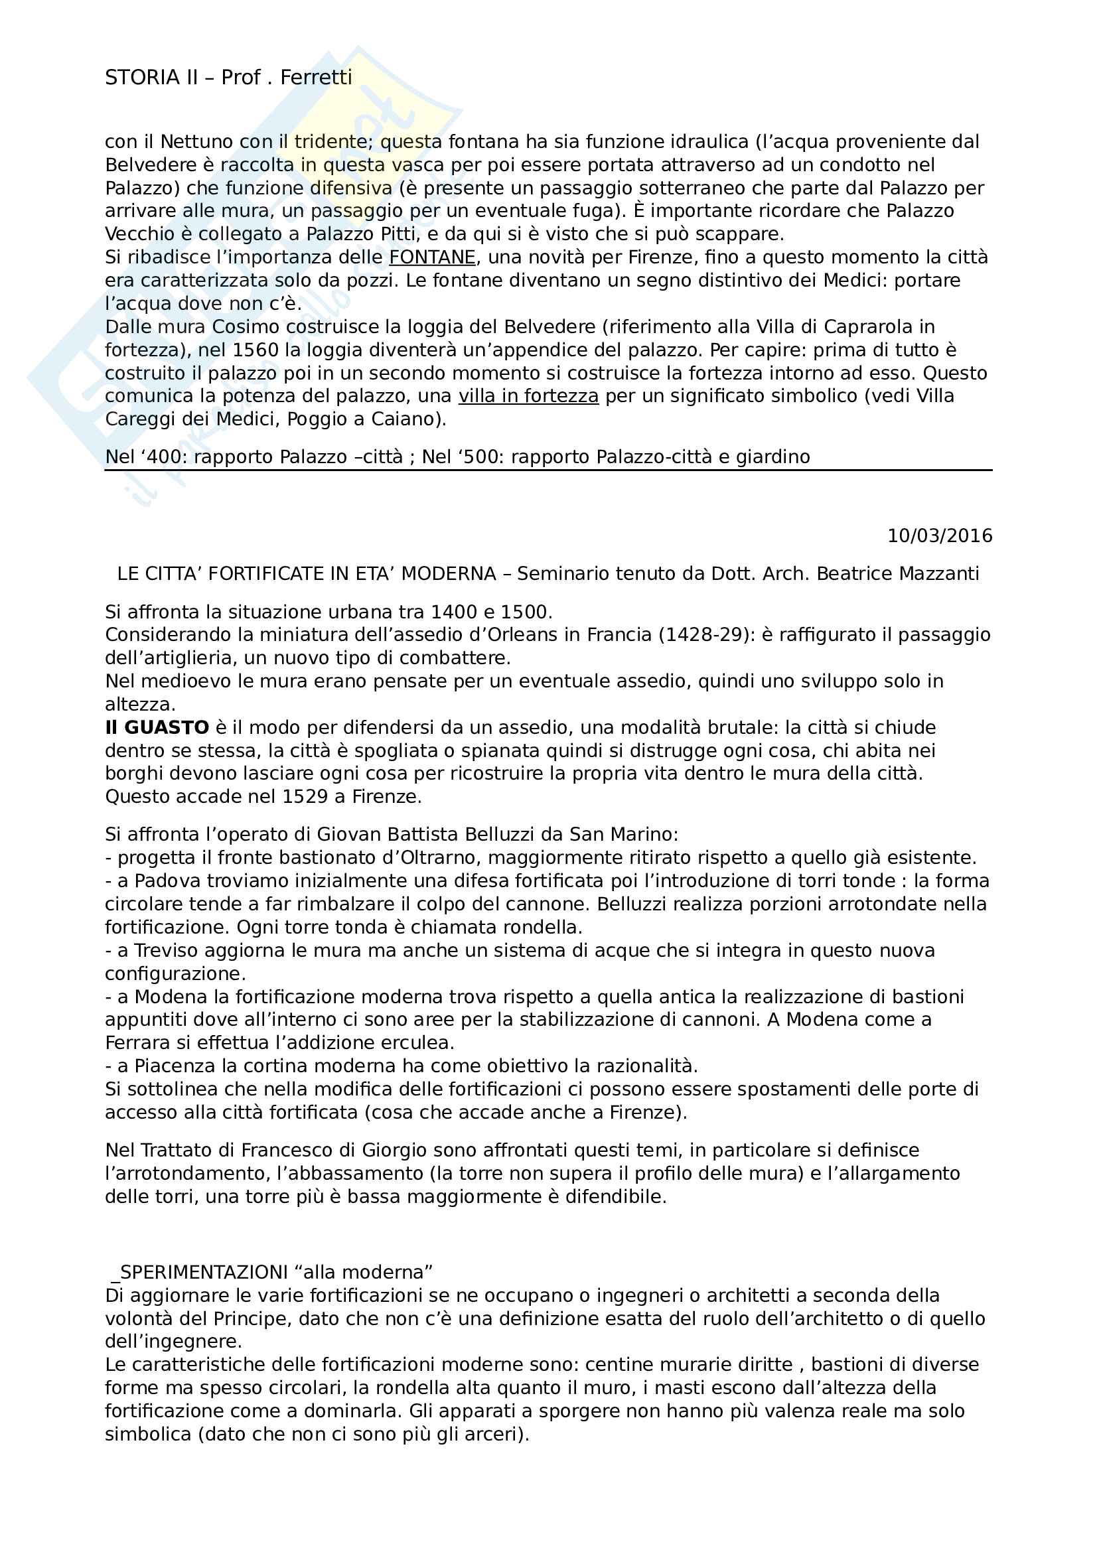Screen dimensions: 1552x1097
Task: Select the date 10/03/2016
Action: pos(940,536)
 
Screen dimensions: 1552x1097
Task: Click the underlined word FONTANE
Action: pos(433,257)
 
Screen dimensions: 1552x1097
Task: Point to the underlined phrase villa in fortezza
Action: pos(528,396)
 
